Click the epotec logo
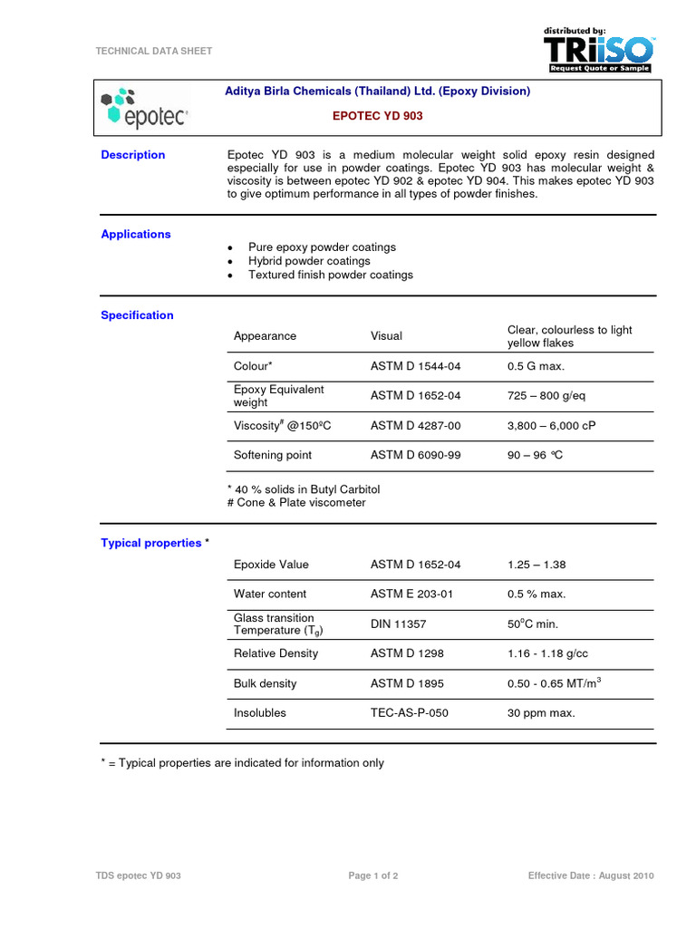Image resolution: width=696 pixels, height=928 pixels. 144,107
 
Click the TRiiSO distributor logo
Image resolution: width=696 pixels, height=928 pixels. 598,50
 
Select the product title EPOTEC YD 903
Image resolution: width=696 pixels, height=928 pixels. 377,116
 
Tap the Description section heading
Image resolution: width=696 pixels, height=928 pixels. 133,155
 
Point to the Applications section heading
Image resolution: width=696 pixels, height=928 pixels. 136,234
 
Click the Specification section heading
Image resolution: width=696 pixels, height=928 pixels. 137,315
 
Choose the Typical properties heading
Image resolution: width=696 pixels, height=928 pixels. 150,543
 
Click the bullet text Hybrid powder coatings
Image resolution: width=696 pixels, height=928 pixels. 309,261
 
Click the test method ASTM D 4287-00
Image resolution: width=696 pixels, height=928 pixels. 415,425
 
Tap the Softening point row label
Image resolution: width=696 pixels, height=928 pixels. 273,455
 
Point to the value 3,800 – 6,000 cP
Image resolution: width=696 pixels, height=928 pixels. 552,425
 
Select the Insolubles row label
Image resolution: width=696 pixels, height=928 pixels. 259,712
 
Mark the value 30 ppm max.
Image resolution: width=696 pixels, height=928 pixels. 541,713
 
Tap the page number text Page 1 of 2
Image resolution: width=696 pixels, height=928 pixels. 373,875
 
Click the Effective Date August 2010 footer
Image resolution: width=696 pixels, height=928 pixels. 591,875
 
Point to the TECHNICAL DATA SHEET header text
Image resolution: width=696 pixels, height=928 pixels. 154,51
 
